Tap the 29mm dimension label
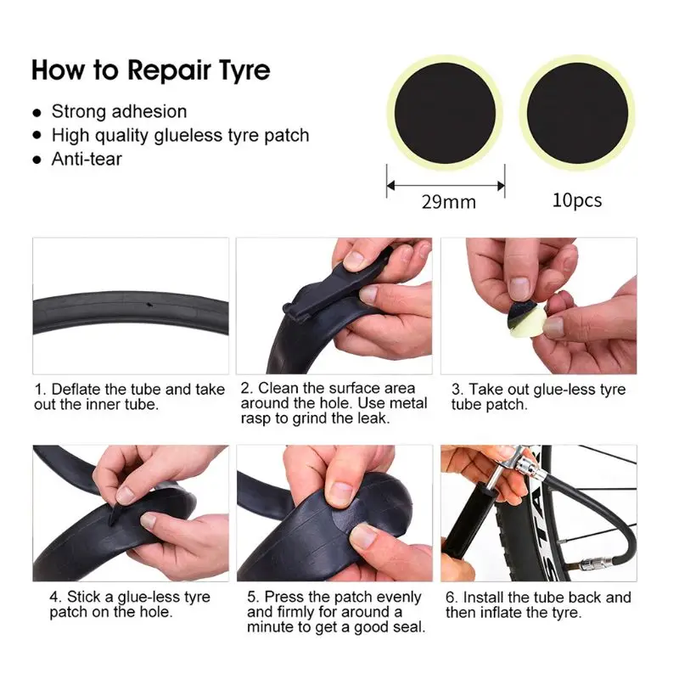(x=449, y=202)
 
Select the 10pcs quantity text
(x=577, y=200)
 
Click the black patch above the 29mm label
(x=445, y=113)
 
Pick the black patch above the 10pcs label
(x=577, y=114)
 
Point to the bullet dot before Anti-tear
(x=37, y=160)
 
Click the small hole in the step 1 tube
(x=150, y=306)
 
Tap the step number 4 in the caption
(x=54, y=597)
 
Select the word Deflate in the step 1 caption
(x=76, y=389)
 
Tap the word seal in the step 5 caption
(x=411, y=627)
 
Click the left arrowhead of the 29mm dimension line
(x=390, y=186)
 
